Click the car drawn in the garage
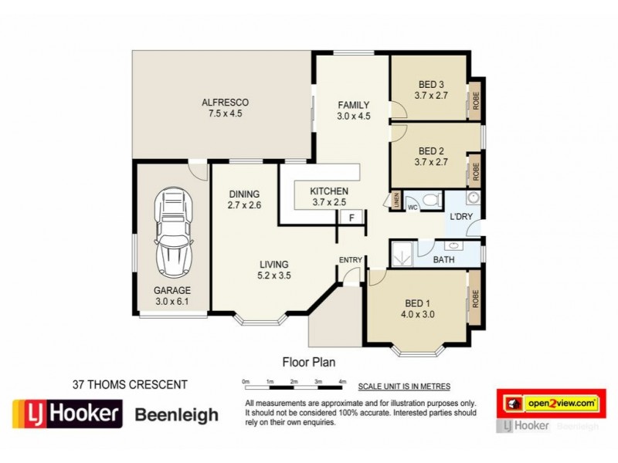click(172, 233)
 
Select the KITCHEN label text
click(329, 191)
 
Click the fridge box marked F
click(351, 218)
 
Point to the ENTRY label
click(349, 260)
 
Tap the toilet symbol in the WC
click(430, 201)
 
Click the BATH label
click(443, 260)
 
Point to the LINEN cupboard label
click(396, 200)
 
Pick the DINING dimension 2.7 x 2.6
click(244, 205)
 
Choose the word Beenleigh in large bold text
click(177, 415)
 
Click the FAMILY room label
click(353, 106)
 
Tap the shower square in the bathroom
click(402, 253)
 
